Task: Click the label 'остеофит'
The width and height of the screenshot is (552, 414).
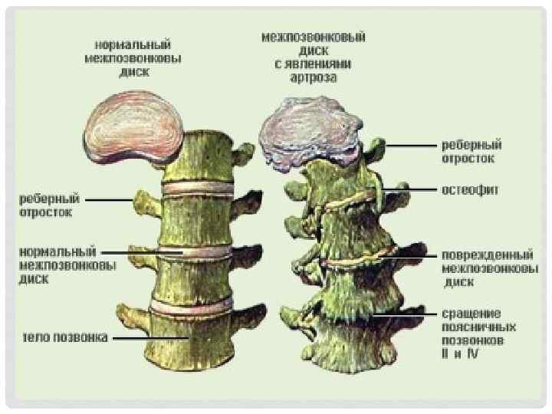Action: (x=469, y=188)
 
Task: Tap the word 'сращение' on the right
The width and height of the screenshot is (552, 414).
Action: (x=471, y=313)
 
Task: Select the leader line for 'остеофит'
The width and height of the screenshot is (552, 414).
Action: (x=406, y=188)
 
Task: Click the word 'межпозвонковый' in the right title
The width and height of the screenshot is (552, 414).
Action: (x=313, y=37)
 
